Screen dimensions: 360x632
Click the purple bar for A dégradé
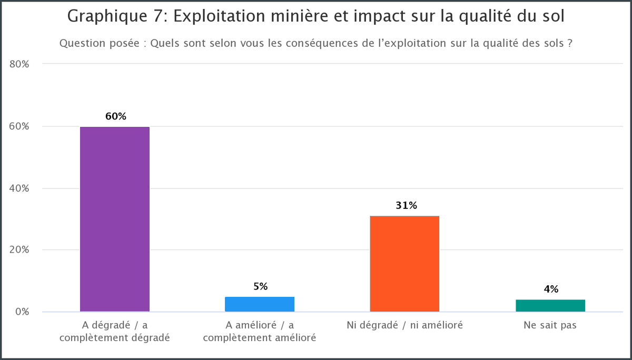tap(115, 219)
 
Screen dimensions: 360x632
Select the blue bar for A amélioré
tap(260, 304)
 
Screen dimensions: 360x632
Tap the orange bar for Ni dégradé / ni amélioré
tap(404, 264)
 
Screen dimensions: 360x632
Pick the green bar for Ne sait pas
tap(550, 305)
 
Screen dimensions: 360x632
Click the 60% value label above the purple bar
tap(115, 116)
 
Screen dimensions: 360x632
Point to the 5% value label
tap(260, 286)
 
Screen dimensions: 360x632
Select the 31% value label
tap(406, 205)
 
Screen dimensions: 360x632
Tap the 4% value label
tap(551, 289)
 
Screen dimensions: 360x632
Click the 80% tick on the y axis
tap(19, 64)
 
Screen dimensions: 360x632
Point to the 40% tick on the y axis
tap(19, 188)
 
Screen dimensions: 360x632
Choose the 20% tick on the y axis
tap(19, 250)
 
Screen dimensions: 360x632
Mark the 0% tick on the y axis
tap(22, 312)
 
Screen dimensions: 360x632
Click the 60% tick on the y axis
tap(19, 126)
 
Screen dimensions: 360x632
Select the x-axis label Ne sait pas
tap(550, 325)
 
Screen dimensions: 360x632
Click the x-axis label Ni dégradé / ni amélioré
tap(404, 325)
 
